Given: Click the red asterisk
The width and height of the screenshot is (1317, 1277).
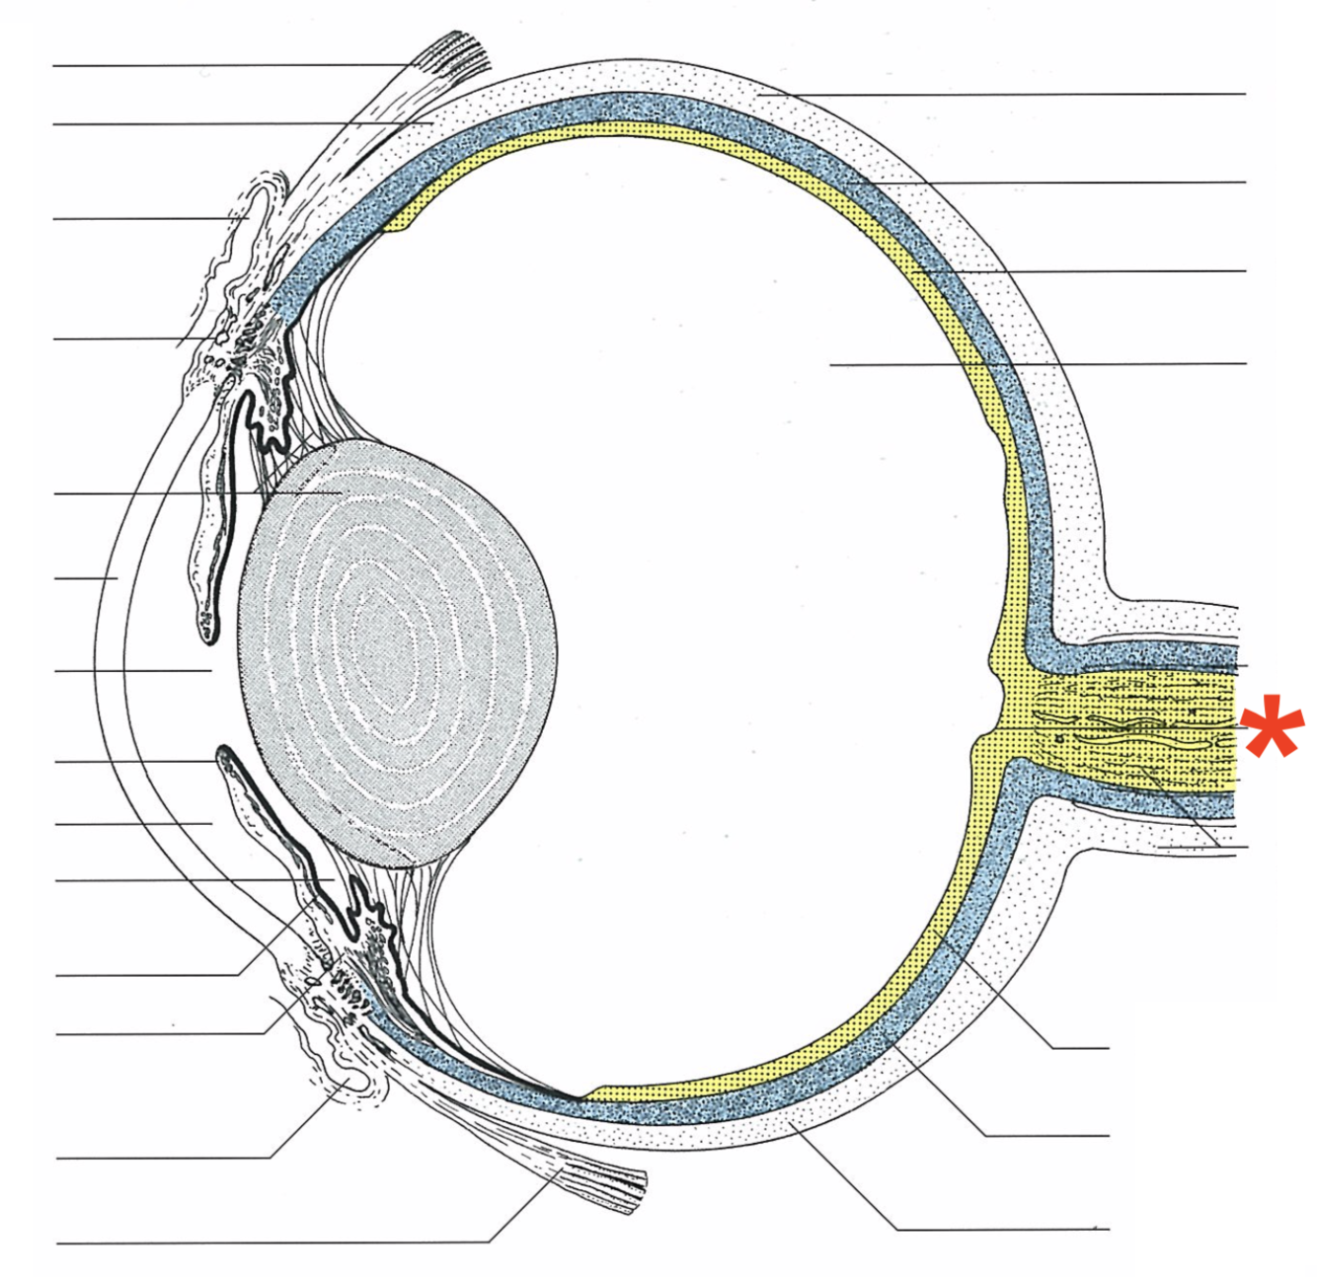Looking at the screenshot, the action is point(1274,727).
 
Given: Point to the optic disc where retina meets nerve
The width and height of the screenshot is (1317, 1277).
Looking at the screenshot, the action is point(997,711).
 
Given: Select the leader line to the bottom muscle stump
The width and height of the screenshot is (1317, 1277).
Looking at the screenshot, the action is point(296,1242).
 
